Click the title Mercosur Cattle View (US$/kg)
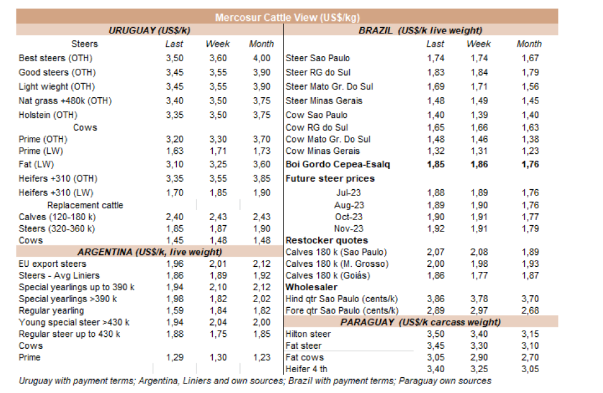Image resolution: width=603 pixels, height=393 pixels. pos(287,18)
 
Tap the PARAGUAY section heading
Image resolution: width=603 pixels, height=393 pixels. pos(421,322)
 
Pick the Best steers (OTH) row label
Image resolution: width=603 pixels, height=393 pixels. pos(56,58)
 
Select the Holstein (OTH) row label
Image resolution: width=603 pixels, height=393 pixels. pos(49,115)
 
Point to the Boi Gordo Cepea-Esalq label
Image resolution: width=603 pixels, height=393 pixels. pos(338,165)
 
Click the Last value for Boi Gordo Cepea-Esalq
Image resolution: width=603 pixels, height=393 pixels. pos(435,165)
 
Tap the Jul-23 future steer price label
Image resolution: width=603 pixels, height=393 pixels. pos(348,192)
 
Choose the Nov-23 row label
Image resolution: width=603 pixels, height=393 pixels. pos(349,229)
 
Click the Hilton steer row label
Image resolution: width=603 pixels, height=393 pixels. pos(308,334)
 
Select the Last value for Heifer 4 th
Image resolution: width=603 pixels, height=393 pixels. pos(435,369)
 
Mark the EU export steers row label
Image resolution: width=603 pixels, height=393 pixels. pos(52,264)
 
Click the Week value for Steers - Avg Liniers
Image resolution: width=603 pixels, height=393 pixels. pos(217,276)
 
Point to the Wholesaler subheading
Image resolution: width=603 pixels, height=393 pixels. pos(311,287)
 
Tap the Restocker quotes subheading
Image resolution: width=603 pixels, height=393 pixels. pos(326,240)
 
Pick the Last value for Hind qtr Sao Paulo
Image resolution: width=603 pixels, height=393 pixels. pos(435,299)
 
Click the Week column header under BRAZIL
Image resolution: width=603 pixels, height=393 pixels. pos(479,44)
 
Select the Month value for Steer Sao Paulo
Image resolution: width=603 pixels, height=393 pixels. pos(530,58)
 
